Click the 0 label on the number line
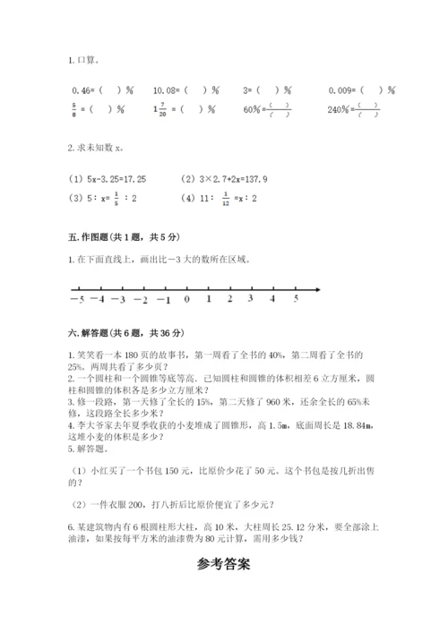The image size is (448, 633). coord(186,299)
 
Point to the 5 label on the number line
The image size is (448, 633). coord(296,299)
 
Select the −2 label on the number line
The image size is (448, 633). coord(141,299)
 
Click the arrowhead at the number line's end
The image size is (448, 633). coord(319,288)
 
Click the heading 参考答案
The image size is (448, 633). coord(223,565)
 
